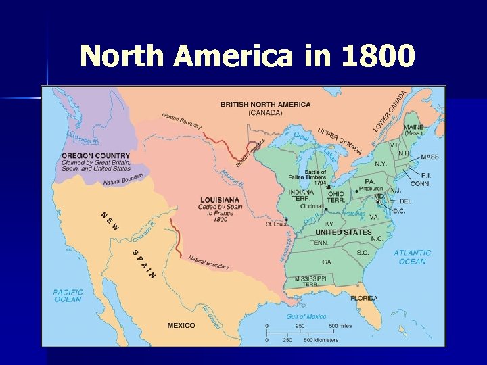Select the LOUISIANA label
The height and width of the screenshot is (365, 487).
coord(220,200)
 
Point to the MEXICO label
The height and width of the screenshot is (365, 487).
coord(181,326)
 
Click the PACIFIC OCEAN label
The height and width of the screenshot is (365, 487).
coord(68,295)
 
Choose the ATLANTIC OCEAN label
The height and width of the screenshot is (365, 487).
coord(413,258)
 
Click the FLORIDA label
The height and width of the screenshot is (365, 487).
coord(364,298)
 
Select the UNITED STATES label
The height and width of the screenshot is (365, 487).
coord(344,232)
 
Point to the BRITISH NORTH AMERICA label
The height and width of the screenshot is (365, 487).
coord(265,105)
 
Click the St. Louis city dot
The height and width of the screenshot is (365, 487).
coord(287,220)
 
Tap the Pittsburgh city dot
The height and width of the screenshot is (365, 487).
coord(356,191)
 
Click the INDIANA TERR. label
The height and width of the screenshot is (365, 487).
coord(301,195)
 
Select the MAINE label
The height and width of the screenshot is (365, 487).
coord(414,127)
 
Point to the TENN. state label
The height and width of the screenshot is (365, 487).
coord(319,242)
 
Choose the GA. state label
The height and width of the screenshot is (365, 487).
coord(327,261)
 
